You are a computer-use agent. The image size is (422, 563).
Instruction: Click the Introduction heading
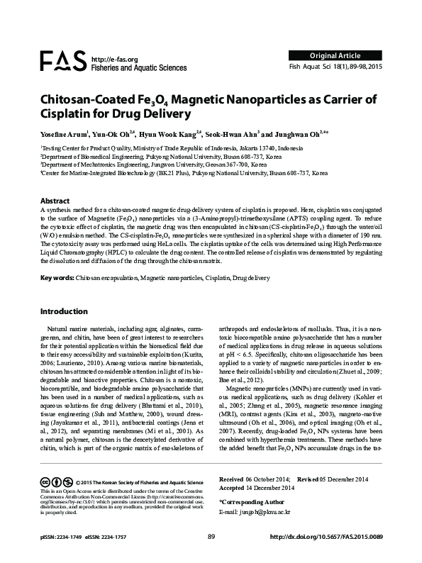(x=64, y=311)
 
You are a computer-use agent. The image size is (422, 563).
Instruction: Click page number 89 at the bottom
(x=211, y=536)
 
